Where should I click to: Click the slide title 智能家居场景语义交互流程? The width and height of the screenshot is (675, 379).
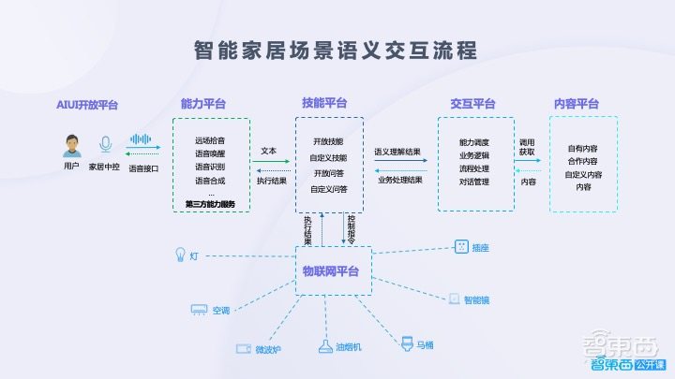tap(336, 48)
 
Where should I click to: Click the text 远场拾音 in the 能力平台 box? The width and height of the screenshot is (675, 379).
tap(210, 140)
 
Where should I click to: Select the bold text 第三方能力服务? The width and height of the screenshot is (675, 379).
tap(211, 204)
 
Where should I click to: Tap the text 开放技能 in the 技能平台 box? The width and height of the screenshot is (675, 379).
tap(328, 140)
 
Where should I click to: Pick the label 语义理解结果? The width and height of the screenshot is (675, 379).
tap(397, 151)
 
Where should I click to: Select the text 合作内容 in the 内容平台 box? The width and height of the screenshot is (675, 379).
tap(584, 161)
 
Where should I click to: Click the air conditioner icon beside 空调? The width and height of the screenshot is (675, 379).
tap(200, 309)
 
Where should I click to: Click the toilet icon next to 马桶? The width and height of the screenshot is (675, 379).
tap(408, 343)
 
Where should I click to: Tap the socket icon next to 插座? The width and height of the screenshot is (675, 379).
tap(460, 247)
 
